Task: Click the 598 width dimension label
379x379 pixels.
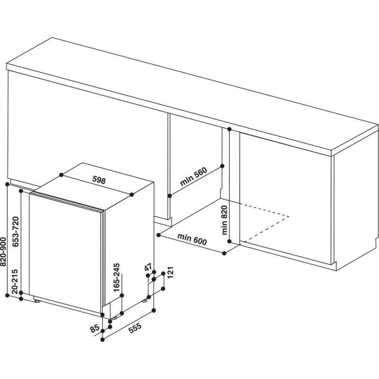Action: click(98, 180)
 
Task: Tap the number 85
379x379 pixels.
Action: click(94, 327)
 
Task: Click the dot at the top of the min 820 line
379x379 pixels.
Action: click(229, 129)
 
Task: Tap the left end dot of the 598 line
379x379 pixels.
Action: click(62, 175)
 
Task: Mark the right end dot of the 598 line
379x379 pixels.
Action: click(132, 194)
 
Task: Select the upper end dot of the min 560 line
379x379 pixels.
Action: click(222, 166)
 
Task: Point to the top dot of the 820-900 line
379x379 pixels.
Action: click(8, 184)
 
